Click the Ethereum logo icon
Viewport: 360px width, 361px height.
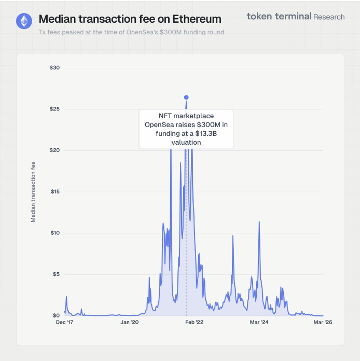23,21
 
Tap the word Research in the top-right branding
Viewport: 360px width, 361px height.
329,17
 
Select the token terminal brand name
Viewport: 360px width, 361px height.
279,17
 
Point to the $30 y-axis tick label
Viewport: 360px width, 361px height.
55,68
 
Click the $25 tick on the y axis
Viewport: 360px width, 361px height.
55,109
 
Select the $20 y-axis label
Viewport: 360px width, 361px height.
55,150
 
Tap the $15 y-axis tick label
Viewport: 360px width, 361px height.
55,192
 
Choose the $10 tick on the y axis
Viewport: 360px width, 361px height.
55,233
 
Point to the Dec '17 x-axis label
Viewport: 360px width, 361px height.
65,323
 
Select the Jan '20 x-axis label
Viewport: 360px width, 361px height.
129,323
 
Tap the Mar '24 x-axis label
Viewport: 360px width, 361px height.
259,323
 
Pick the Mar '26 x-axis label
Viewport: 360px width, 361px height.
323,323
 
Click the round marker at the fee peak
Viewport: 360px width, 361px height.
186,98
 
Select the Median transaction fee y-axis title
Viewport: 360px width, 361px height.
34,192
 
